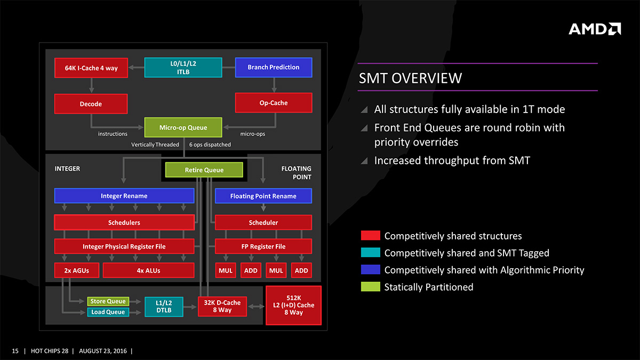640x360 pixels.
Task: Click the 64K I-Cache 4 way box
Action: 91,68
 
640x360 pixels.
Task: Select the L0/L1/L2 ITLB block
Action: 183,68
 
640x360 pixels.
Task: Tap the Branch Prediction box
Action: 273,67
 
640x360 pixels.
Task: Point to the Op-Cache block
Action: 273,103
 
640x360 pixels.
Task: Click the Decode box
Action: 91,103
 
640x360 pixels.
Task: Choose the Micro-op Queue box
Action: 183,127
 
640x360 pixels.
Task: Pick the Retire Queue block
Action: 204,170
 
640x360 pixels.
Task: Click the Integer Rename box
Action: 124,196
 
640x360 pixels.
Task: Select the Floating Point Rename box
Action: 263,196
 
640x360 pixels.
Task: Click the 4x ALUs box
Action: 148,270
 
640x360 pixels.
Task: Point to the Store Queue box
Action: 108,301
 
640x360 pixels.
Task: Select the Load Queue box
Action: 108,312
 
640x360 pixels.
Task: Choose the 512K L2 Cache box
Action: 293,305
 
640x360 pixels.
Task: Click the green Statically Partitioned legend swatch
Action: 370,287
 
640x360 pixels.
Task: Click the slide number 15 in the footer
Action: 15,351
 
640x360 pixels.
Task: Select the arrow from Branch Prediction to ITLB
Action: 228,67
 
